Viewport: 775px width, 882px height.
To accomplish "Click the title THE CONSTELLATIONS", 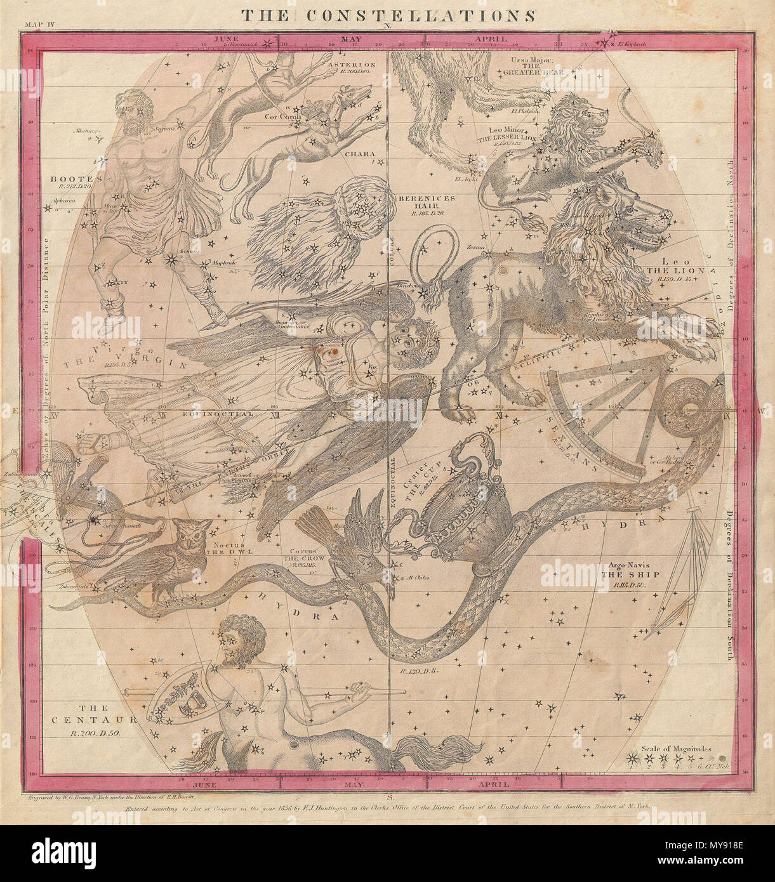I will tap(387, 15).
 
